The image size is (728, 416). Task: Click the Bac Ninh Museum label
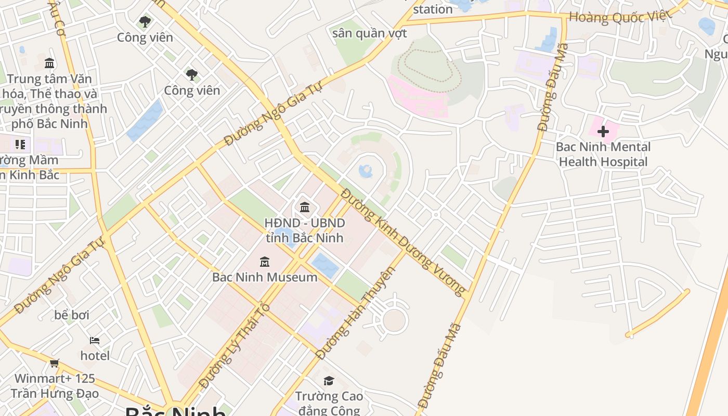(264, 277)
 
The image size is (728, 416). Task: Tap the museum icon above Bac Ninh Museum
(264, 261)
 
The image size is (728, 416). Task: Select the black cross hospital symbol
(603, 131)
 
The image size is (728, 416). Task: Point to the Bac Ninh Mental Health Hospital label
(603, 154)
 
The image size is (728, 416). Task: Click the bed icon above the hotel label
(95, 341)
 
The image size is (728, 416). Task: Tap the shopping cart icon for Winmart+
(55, 363)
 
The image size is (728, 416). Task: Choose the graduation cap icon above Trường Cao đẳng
(328, 381)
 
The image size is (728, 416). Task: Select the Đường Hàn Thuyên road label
(356, 314)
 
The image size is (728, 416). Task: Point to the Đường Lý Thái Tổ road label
(235, 346)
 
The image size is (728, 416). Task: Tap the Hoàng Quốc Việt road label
(620, 17)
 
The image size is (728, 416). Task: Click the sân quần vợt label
(369, 33)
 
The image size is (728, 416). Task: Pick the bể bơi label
(72, 315)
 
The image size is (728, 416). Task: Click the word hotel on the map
(95, 356)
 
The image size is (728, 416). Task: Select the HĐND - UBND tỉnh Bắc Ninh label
(305, 230)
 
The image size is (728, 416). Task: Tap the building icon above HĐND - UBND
(305, 207)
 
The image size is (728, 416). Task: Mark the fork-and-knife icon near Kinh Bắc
(20, 144)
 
